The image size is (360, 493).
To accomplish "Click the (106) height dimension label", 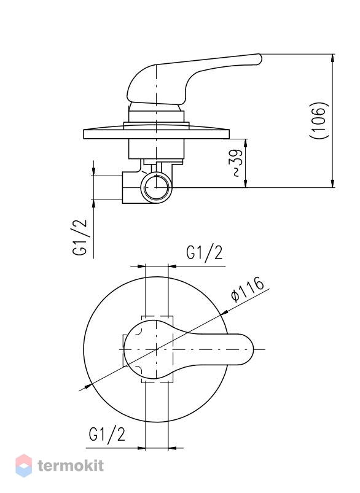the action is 319,121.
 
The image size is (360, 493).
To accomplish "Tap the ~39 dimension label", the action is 238,163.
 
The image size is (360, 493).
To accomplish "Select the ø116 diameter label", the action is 248,289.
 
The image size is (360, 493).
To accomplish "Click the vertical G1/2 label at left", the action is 80,237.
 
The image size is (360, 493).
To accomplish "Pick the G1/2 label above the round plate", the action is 205,253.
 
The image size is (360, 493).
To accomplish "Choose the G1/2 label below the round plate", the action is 107,435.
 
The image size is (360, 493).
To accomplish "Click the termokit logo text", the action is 71,465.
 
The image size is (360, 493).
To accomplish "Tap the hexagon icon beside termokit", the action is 23,465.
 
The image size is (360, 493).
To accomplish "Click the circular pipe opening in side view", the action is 156,187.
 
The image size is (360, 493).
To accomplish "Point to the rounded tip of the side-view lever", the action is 259,59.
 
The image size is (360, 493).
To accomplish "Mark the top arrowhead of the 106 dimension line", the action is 332,58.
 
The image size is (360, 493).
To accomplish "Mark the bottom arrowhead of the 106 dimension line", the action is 332,184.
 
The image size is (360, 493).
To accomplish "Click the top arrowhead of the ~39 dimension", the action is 246,144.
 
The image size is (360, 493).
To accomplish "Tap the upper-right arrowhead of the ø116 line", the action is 225,312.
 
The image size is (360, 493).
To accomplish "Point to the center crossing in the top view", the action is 157,349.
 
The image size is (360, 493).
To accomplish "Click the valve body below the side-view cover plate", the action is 156,149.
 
